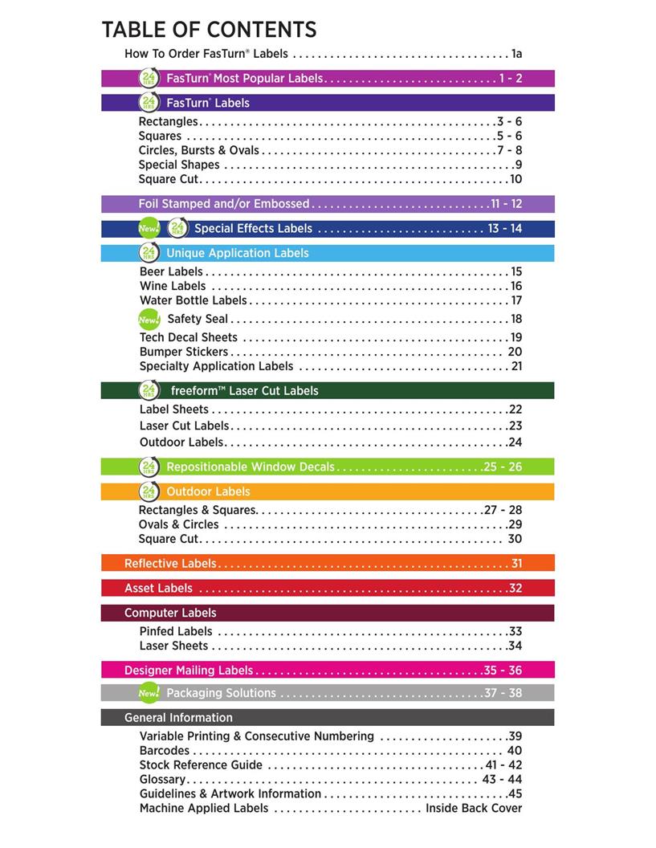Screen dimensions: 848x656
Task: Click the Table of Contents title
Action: tap(209, 31)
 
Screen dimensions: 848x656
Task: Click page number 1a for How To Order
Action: tap(516, 55)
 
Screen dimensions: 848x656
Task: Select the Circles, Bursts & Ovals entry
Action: tap(199, 150)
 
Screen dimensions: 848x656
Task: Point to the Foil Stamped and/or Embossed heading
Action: tap(224, 204)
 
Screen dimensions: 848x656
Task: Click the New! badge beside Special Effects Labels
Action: tap(149, 229)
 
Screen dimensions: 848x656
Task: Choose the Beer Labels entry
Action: tap(171, 272)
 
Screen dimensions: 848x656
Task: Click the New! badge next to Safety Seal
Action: tap(149, 320)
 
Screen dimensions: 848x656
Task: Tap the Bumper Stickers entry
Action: tap(184, 352)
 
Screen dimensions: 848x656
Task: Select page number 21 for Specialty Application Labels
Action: tap(516, 366)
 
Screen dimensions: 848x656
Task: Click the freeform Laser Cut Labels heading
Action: tap(244, 391)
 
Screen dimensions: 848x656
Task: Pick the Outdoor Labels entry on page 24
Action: tap(181, 442)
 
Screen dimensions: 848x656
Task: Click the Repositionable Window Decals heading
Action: tap(251, 467)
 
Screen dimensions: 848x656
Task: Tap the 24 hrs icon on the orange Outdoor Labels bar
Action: tap(149, 491)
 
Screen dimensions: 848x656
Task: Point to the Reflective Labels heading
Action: tap(170, 564)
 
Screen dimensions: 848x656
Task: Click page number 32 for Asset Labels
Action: tap(515, 589)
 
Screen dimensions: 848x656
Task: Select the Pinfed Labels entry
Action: tap(176, 632)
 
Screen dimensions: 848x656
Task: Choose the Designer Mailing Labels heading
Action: tap(189, 671)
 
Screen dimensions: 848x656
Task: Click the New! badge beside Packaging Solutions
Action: tap(149, 693)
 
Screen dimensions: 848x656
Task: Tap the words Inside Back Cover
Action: tap(474, 809)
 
